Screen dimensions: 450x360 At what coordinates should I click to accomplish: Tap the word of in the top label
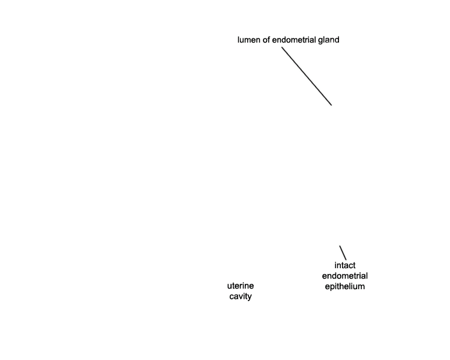(x=266, y=40)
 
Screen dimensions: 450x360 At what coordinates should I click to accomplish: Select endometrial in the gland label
(x=294, y=40)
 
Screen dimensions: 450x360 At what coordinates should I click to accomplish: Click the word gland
(x=329, y=40)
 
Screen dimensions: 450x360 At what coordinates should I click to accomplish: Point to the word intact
(x=345, y=265)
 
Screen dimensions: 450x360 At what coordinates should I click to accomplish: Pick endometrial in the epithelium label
(x=344, y=276)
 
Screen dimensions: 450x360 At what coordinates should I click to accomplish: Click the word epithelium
(x=344, y=287)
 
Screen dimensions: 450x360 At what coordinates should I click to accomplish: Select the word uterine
(x=241, y=286)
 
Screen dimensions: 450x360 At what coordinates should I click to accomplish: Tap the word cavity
(x=241, y=296)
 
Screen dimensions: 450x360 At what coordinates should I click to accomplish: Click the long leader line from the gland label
(x=307, y=76)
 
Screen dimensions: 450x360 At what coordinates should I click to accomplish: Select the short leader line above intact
(x=343, y=253)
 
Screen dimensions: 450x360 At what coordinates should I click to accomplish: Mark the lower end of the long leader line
(x=331, y=105)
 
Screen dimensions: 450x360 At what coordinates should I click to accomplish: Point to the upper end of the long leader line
(x=282, y=47)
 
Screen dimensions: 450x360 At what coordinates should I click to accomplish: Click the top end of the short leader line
(x=340, y=246)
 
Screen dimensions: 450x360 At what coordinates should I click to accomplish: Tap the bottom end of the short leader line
(x=346, y=260)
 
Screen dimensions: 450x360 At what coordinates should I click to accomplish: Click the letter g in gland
(x=320, y=41)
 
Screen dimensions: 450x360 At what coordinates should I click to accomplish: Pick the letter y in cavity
(x=250, y=298)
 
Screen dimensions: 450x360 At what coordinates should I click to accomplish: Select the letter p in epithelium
(x=332, y=287)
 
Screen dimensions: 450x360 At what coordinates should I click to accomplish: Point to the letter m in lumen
(x=246, y=41)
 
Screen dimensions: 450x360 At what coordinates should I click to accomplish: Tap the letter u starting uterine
(x=229, y=287)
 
